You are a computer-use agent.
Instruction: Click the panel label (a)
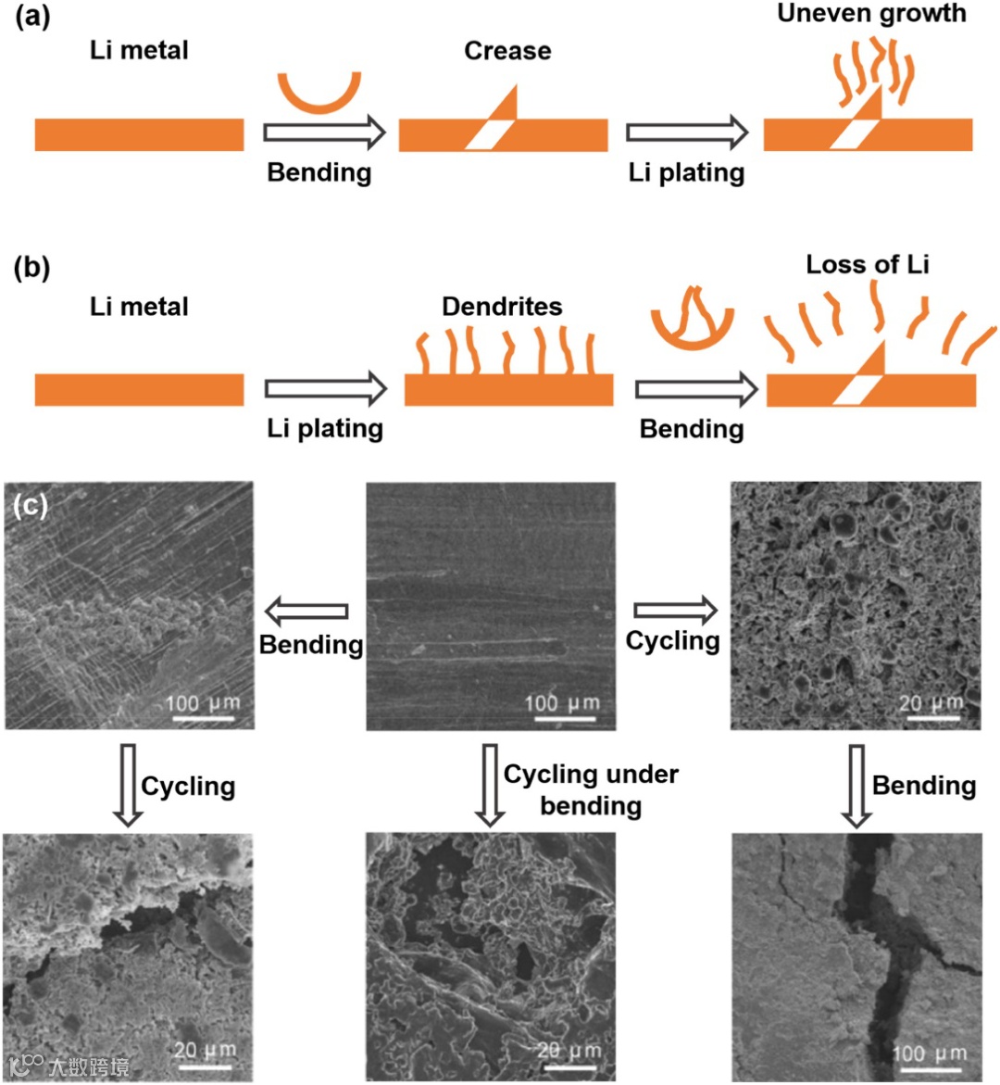click(32, 18)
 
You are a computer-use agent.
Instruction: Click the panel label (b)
click(32, 268)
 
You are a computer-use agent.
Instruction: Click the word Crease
click(507, 50)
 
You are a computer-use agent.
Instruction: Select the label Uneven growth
click(871, 13)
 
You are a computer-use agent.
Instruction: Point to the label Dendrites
click(502, 306)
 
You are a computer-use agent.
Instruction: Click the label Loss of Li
click(867, 264)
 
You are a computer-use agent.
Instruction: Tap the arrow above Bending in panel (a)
click(323, 132)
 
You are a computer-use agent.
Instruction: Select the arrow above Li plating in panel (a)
click(686, 132)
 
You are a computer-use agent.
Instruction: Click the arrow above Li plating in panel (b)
click(325, 389)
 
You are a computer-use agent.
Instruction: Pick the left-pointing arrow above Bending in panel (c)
click(306, 611)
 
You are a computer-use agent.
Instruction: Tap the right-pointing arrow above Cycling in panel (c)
click(675, 610)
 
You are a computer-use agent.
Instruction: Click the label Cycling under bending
click(591, 789)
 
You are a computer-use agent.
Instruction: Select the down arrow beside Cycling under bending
click(490, 784)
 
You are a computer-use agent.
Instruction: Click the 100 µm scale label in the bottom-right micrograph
click(929, 1053)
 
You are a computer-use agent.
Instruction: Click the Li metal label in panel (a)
click(139, 50)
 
